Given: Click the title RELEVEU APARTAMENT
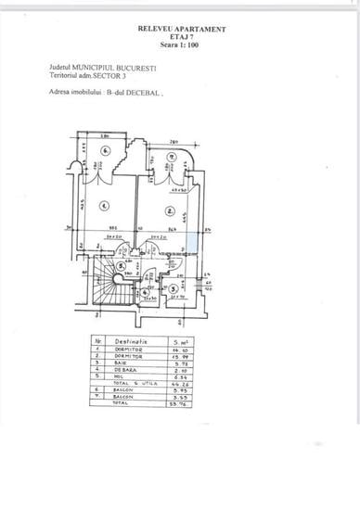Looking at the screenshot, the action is pyautogui.click(x=182, y=29).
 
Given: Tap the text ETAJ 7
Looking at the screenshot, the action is pyautogui.click(x=182, y=37).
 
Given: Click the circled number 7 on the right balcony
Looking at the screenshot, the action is pyautogui.click(x=173, y=155).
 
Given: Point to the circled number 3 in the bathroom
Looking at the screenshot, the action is pyautogui.click(x=173, y=288).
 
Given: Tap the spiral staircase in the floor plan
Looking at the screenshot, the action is pyautogui.click(x=109, y=282).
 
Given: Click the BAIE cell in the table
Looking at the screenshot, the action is pyautogui.click(x=122, y=363).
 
